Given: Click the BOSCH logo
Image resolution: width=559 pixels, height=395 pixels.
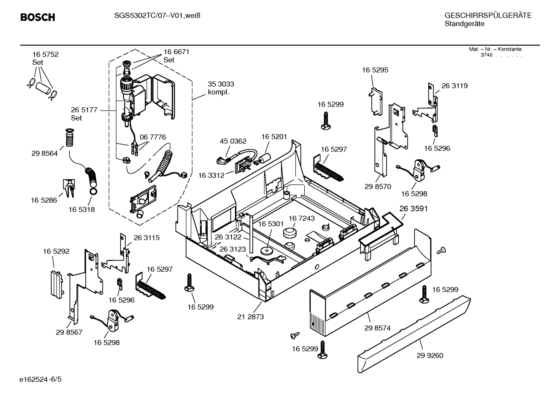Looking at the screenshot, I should (38, 17).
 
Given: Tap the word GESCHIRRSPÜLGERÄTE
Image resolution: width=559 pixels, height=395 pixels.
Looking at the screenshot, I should (488, 16).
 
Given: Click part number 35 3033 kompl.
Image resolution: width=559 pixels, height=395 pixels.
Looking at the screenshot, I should (221, 88).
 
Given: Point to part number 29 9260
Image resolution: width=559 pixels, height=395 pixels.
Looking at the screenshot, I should (430, 355).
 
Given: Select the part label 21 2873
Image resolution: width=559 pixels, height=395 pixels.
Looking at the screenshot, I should (250, 317).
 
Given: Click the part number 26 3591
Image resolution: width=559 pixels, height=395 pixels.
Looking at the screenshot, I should (414, 209).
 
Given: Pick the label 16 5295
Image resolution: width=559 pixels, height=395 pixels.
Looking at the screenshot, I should (375, 70).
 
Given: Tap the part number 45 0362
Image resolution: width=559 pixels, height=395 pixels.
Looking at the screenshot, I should (233, 141).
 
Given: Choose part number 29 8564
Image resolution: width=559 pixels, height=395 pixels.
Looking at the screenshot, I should (45, 154).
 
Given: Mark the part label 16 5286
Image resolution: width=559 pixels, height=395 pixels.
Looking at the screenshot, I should (44, 200).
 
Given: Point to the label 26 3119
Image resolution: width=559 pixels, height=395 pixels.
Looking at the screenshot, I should (454, 86).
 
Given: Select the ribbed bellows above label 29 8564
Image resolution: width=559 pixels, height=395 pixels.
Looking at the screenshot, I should (69, 139).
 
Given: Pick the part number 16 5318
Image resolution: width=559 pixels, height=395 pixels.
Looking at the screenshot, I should (82, 209).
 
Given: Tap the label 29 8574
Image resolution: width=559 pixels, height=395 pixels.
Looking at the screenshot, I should (377, 328).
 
